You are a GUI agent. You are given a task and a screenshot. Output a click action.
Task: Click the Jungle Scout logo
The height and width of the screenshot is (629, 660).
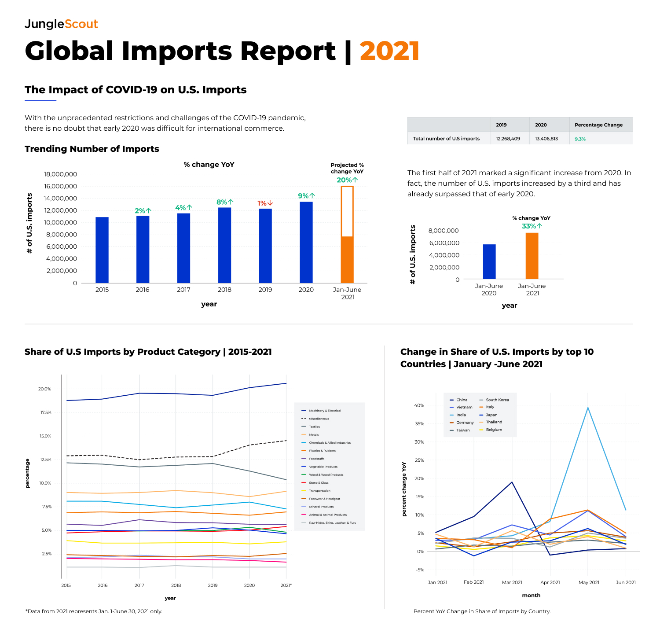click(61, 24)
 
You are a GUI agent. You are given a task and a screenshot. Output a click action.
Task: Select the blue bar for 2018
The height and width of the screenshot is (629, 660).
click(224, 245)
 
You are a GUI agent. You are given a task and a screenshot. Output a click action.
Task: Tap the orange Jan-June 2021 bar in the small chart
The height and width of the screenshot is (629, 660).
click(532, 256)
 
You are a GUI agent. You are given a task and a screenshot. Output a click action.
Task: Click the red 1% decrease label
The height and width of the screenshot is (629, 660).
click(265, 203)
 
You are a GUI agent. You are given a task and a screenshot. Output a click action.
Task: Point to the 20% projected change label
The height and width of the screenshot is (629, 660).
click(347, 180)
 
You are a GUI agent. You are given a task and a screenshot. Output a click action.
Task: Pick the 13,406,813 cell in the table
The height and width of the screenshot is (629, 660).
click(546, 139)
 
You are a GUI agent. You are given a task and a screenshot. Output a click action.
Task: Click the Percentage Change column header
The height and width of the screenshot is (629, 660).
click(598, 125)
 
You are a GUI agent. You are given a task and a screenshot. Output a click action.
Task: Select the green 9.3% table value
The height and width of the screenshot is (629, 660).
click(580, 139)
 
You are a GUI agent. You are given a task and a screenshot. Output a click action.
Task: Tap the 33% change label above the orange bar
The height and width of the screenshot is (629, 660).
click(532, 226)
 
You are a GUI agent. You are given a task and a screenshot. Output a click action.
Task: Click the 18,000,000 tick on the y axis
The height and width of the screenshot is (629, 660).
click(60, 174)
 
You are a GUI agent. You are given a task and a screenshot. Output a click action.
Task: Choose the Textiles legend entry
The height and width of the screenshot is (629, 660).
click(314, 427)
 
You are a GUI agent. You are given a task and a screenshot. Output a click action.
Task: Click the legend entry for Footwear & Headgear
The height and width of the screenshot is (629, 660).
click(324, 499)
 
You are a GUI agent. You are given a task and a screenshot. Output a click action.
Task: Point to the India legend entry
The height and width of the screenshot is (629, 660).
click(461, 415)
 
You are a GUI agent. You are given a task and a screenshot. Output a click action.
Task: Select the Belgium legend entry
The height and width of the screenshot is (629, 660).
click(494, 430)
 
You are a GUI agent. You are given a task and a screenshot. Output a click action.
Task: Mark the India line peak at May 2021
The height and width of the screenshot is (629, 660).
click(588, 408)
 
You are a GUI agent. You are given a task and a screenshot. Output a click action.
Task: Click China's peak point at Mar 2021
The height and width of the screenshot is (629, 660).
click(512, 482)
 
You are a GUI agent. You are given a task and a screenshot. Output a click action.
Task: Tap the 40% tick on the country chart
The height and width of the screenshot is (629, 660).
click(419, 405)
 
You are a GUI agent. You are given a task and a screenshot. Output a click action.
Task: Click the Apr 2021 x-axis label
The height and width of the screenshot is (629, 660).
click(550, 582)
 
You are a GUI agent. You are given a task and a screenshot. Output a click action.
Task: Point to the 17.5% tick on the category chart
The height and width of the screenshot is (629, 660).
click(45, 412)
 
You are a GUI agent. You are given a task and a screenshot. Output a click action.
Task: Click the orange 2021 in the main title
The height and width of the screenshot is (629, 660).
click(389, 51)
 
